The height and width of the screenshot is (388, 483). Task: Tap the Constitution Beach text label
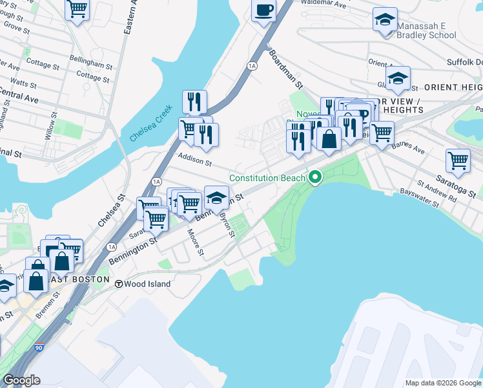[x=268, y=178]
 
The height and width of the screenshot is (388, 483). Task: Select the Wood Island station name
[x=148, y=284]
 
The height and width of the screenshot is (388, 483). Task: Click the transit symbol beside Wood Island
[x=119, y=284]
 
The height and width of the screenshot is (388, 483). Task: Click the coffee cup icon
[x=263, y=10]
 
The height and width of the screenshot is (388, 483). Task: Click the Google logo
[x=21, y=380]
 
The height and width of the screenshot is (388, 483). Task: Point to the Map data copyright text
[x=442, y=383]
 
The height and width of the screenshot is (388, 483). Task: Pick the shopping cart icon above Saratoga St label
[x=458, y=160]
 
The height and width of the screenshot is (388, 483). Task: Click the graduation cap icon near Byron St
[x=216, y=197]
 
